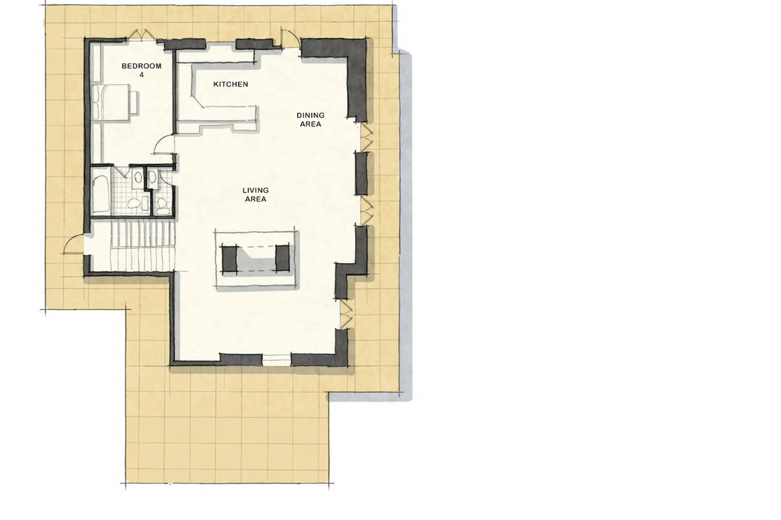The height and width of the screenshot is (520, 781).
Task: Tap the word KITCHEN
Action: coord(230,84)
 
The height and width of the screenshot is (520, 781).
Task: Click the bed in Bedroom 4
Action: coord(111,102)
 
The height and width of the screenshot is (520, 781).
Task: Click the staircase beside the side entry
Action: coord(143,245)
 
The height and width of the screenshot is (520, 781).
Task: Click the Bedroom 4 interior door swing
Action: coord(164,145)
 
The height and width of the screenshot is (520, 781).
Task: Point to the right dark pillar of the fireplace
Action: coord(283,258)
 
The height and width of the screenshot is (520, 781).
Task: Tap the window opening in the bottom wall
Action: coord(276,360)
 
